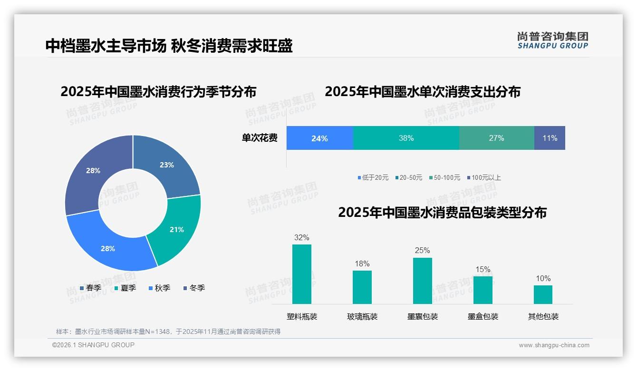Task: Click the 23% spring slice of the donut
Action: pos(166,165)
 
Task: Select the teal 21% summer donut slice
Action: pos(176,230)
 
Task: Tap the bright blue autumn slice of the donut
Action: pos(108,248)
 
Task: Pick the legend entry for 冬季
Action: pos(194,288)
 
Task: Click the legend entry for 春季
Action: pos(90,288)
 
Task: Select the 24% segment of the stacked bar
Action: pos(319,138)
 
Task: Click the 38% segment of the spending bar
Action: pos(406,138)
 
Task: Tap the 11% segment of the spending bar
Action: pos(550,138)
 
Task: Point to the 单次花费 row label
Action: pos(260,138)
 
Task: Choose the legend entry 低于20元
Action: pos(373,177)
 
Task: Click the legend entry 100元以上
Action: pos(483,177)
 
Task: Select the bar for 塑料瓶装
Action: pos(301,274)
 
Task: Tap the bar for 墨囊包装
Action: pos(422,281)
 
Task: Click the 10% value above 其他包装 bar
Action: pos(543,278)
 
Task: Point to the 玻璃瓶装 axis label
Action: pos(362,316)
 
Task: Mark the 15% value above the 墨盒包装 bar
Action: pos(483,269)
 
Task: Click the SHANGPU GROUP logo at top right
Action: pos(552,40)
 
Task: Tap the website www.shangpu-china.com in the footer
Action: pos(554,345)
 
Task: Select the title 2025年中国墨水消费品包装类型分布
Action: pos(442,213)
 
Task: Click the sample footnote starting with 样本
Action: pos(168,332)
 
